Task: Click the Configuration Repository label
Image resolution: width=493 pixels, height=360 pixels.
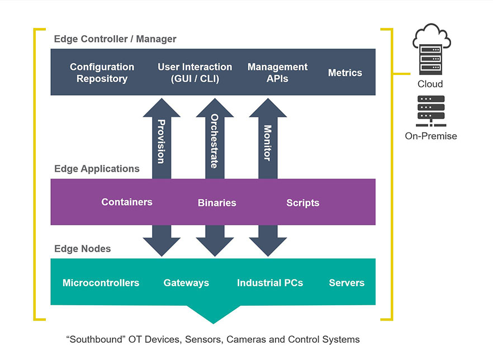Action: pyautogui.click(x=102, y=73)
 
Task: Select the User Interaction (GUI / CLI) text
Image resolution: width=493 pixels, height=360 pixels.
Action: pyautogui.click(x=195, y=73)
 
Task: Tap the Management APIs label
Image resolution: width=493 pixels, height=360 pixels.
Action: pyautogui.click(x=277, y=73)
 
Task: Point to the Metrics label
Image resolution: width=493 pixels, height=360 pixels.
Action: pyautogui.click(x=345, y=73)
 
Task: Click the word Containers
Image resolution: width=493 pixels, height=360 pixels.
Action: pyautogui.click(x=127, y=202)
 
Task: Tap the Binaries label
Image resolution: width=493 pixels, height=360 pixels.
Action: pyautogui.click(x=217, y=203)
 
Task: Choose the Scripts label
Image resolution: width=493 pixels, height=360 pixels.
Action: pyautogui.click(x=302, y=203)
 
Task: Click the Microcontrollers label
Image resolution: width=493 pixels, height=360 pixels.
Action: pyautogui.click(x=101, y=283)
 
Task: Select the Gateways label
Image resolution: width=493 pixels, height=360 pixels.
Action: pyautogui.click(x=186, y=283)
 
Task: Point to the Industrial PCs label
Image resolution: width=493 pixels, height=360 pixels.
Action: pyautogui.click(x=270, y=283)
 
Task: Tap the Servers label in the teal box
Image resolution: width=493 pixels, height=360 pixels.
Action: pyautogui.click(x=347, y=283)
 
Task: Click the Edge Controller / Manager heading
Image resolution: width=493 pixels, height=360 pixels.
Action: pyautogui.click(x=115, y=39)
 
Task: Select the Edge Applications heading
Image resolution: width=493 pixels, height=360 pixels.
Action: pyautogui.click(x=97, y=168)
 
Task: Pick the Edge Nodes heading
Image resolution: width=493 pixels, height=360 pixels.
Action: pyautogui.click(x=82, y=249)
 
